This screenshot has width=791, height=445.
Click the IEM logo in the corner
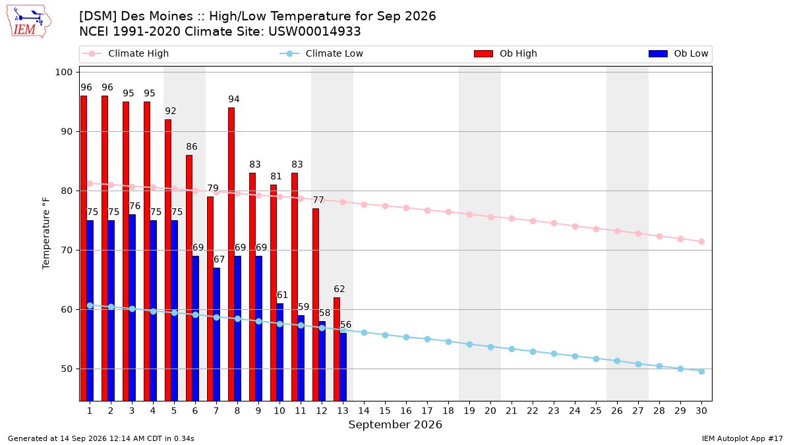point(29,22)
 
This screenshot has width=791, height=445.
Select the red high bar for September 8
point(231,254)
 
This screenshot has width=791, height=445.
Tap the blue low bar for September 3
point(132,308)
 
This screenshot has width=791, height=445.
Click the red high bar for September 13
point(337,349)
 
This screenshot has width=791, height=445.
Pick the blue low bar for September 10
point(279,352)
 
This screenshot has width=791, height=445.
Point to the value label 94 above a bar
point(234,100)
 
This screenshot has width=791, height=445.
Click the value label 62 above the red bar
point(339,289)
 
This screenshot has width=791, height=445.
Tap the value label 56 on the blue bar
point(345,324)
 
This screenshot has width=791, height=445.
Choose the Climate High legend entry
point(125,53)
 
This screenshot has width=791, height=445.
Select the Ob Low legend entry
point(678,53)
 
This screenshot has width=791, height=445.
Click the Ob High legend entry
point(506,53)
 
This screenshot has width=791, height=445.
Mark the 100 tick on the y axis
point(63,72)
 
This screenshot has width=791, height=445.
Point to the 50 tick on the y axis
point(67,369)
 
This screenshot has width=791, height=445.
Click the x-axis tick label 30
point(701,411)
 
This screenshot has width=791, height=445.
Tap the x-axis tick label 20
point(490,411)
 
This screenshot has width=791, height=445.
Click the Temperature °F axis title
point(46,233)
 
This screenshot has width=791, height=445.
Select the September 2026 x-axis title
point(395,425)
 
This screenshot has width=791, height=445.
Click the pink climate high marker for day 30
point(701,241)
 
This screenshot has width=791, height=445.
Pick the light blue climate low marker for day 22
point(533,352)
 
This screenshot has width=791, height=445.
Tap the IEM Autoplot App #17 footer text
point(742,438)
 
